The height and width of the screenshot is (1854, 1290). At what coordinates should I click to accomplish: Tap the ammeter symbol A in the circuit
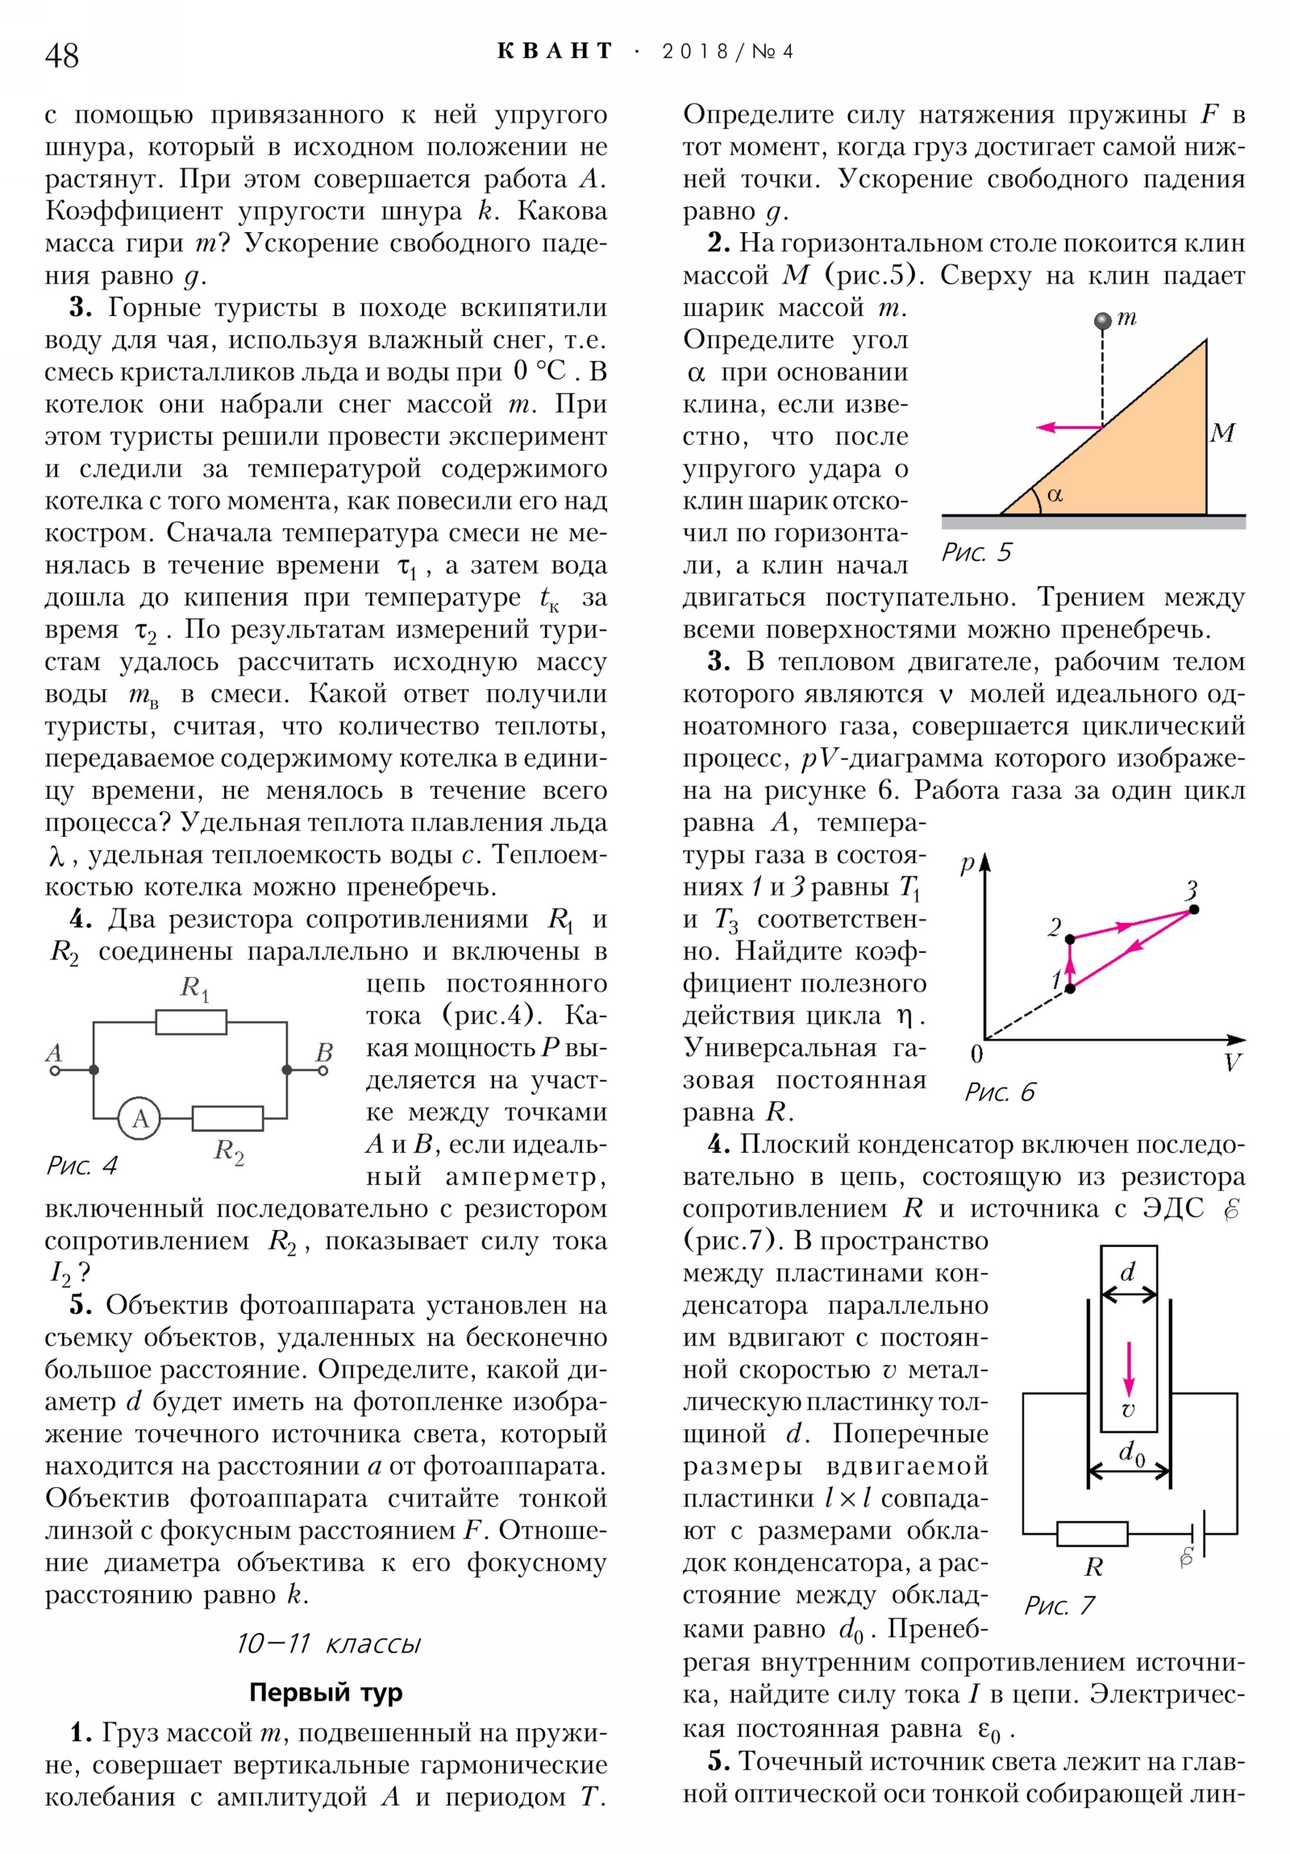(139, 1119)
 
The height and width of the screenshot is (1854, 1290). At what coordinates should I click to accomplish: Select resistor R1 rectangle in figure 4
(190, 1022)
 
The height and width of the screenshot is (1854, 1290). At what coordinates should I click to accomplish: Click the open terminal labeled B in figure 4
(324, 1070)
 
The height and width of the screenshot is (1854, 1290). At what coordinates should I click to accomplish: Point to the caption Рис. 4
(81, 1166)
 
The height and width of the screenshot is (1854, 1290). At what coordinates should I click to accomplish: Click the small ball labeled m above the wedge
(1102, 322)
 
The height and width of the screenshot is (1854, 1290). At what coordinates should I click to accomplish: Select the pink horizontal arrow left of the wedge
(1068, 426)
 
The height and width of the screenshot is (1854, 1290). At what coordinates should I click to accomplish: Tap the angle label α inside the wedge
(1054, 494)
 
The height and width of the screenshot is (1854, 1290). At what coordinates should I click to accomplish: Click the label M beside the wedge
(1222, 434)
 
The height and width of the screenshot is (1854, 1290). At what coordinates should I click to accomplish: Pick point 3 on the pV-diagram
(1194, 909)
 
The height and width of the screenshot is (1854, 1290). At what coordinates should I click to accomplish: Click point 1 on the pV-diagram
(1070, 988)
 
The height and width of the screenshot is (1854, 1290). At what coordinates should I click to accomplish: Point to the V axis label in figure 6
(1231, 1062)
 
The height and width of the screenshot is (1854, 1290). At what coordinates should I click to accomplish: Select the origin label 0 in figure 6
(976, 1054)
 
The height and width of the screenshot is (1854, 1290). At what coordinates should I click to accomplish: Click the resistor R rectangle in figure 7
(1092, 1533)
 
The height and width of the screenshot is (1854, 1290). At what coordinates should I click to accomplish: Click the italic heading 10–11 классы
(328, 1644)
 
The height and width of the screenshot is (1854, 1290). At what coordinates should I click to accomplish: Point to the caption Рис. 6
(999, 1092)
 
